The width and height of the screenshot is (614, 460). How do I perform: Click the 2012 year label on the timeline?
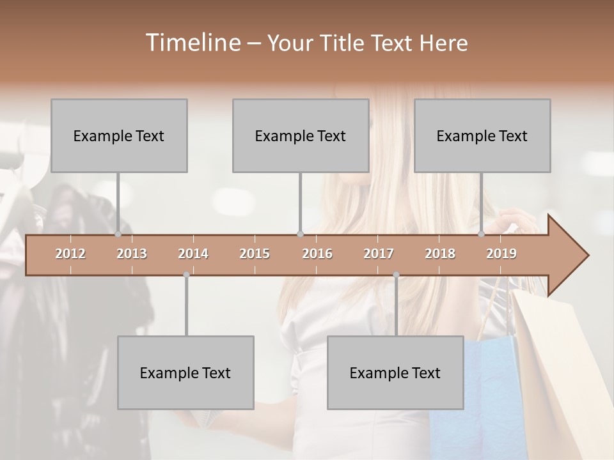coord(70,254)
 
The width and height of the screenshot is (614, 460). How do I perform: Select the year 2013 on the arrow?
coord(132,254)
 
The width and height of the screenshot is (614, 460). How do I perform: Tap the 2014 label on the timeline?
coord(193,254)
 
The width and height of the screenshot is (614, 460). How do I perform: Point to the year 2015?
coord(255,254)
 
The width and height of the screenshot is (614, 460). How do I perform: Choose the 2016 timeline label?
coord(317,254)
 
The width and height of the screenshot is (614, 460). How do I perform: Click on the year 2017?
coord(379,254)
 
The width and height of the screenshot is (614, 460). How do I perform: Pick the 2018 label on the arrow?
coord(440,254)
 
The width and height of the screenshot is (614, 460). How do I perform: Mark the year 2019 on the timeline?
coord(501,254)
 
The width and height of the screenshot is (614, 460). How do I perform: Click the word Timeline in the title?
coord(193,43)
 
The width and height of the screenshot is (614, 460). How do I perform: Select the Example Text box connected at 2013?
coord(119,135)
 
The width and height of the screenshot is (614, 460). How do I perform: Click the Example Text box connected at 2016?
coord(301,135)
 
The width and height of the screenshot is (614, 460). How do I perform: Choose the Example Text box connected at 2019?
coord(482,135)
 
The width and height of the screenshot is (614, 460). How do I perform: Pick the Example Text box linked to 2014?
coord(185,372)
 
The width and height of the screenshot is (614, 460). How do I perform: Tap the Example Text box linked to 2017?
coord(395,372)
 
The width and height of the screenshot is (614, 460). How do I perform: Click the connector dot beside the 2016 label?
coord(300,234)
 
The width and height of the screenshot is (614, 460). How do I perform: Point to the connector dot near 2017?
coord(396,275)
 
